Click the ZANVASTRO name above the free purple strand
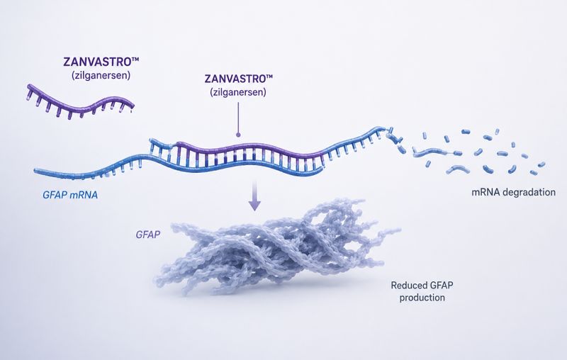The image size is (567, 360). pyautogui.click(x=97, y=62)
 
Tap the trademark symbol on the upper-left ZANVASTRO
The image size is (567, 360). pyautogui.click(x=135, y=59)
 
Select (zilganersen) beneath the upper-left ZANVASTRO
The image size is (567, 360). pyautogui.click(x=101, y=76)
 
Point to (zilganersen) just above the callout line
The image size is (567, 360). pyautogui.click(x=238, y=92)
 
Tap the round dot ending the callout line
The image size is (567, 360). pyautogui.click(x=238, y=135)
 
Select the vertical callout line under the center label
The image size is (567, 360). pyautogui.click(x=238, y=117)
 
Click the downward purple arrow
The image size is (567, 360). pyautogui.click(x=254, y=195)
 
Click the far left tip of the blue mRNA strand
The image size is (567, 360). pyautogui.click(x=35, y=170)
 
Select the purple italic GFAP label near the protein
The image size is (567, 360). pyautogui.click(x=148, y=235)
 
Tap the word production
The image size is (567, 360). pyautogui.click(x=422, y=298)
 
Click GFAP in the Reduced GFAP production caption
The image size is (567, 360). pyautogui.click(x=441, y=286)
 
